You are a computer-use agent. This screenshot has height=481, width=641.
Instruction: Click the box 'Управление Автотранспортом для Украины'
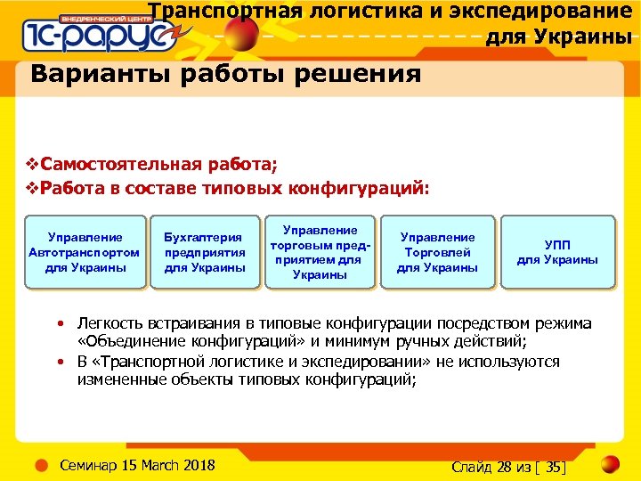[85, 252]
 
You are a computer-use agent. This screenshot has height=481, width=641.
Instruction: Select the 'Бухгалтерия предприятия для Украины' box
[205, 252]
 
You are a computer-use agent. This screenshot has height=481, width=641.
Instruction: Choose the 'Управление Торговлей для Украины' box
[437, 252]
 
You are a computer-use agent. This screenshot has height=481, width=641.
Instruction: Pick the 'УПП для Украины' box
[557, 252]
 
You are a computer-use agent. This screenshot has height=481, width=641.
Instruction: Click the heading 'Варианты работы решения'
[225, 73]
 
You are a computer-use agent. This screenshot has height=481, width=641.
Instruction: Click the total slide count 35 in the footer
[556, 467]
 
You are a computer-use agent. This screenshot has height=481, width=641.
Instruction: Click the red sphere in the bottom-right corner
[611, 464]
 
